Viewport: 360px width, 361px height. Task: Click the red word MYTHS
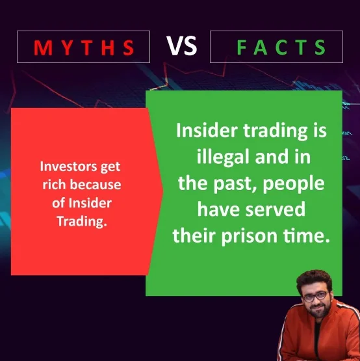coord(84,47)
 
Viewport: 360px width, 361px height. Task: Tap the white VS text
coord(181,46)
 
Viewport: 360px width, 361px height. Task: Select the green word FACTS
coord(281,47)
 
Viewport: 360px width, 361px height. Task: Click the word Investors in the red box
coord(68,167)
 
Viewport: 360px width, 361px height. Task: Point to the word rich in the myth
coord(54,185)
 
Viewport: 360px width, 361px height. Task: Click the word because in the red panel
coord(96,185)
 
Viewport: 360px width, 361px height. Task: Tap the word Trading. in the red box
coord(82,222)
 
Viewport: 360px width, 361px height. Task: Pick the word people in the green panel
coord(294,184)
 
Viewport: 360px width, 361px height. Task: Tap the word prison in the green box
coord(250,236)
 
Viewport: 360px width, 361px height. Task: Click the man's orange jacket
coord(320,336)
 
